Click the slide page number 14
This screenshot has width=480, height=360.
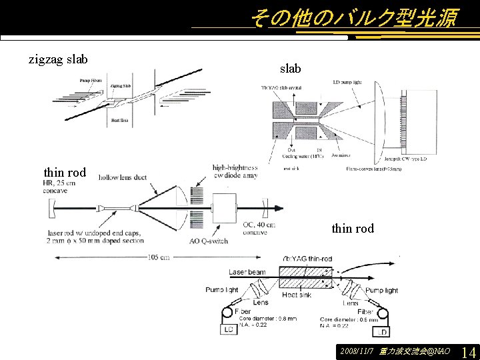(468, 351)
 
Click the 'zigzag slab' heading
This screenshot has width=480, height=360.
(58, 59)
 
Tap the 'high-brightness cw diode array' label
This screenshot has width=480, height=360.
(235, 171)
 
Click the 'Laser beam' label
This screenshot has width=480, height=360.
(247, 272)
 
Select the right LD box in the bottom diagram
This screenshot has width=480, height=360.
(382, 331)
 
